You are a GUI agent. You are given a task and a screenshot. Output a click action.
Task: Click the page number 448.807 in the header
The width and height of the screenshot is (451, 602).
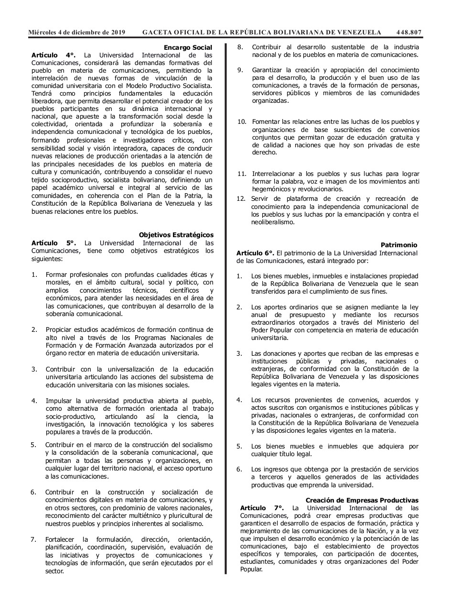409,33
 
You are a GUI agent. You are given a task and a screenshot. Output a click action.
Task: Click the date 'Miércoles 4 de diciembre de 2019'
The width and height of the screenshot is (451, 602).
77,33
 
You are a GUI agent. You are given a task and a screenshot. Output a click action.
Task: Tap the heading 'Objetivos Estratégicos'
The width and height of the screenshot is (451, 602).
176,235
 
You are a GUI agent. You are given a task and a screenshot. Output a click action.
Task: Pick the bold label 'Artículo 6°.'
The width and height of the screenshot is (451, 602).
256,252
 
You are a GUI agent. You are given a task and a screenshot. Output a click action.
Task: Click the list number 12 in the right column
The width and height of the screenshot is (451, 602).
241,198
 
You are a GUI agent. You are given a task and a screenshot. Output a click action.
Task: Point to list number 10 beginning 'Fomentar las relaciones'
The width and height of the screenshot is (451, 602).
242,121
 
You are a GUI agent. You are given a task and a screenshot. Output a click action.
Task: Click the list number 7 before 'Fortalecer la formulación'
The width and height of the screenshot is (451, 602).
33,539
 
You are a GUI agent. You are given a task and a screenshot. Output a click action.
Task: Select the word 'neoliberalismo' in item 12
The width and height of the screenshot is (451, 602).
273,222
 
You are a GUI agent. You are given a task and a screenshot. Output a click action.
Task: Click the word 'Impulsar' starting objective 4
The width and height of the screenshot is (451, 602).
59,400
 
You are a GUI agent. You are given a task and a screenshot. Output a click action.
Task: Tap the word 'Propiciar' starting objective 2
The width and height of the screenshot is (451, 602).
61,329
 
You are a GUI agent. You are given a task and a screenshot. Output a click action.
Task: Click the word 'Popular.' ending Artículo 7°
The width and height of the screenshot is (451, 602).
251,570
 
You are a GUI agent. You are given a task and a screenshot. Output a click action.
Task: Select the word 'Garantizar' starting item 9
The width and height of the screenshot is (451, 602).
269,70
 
